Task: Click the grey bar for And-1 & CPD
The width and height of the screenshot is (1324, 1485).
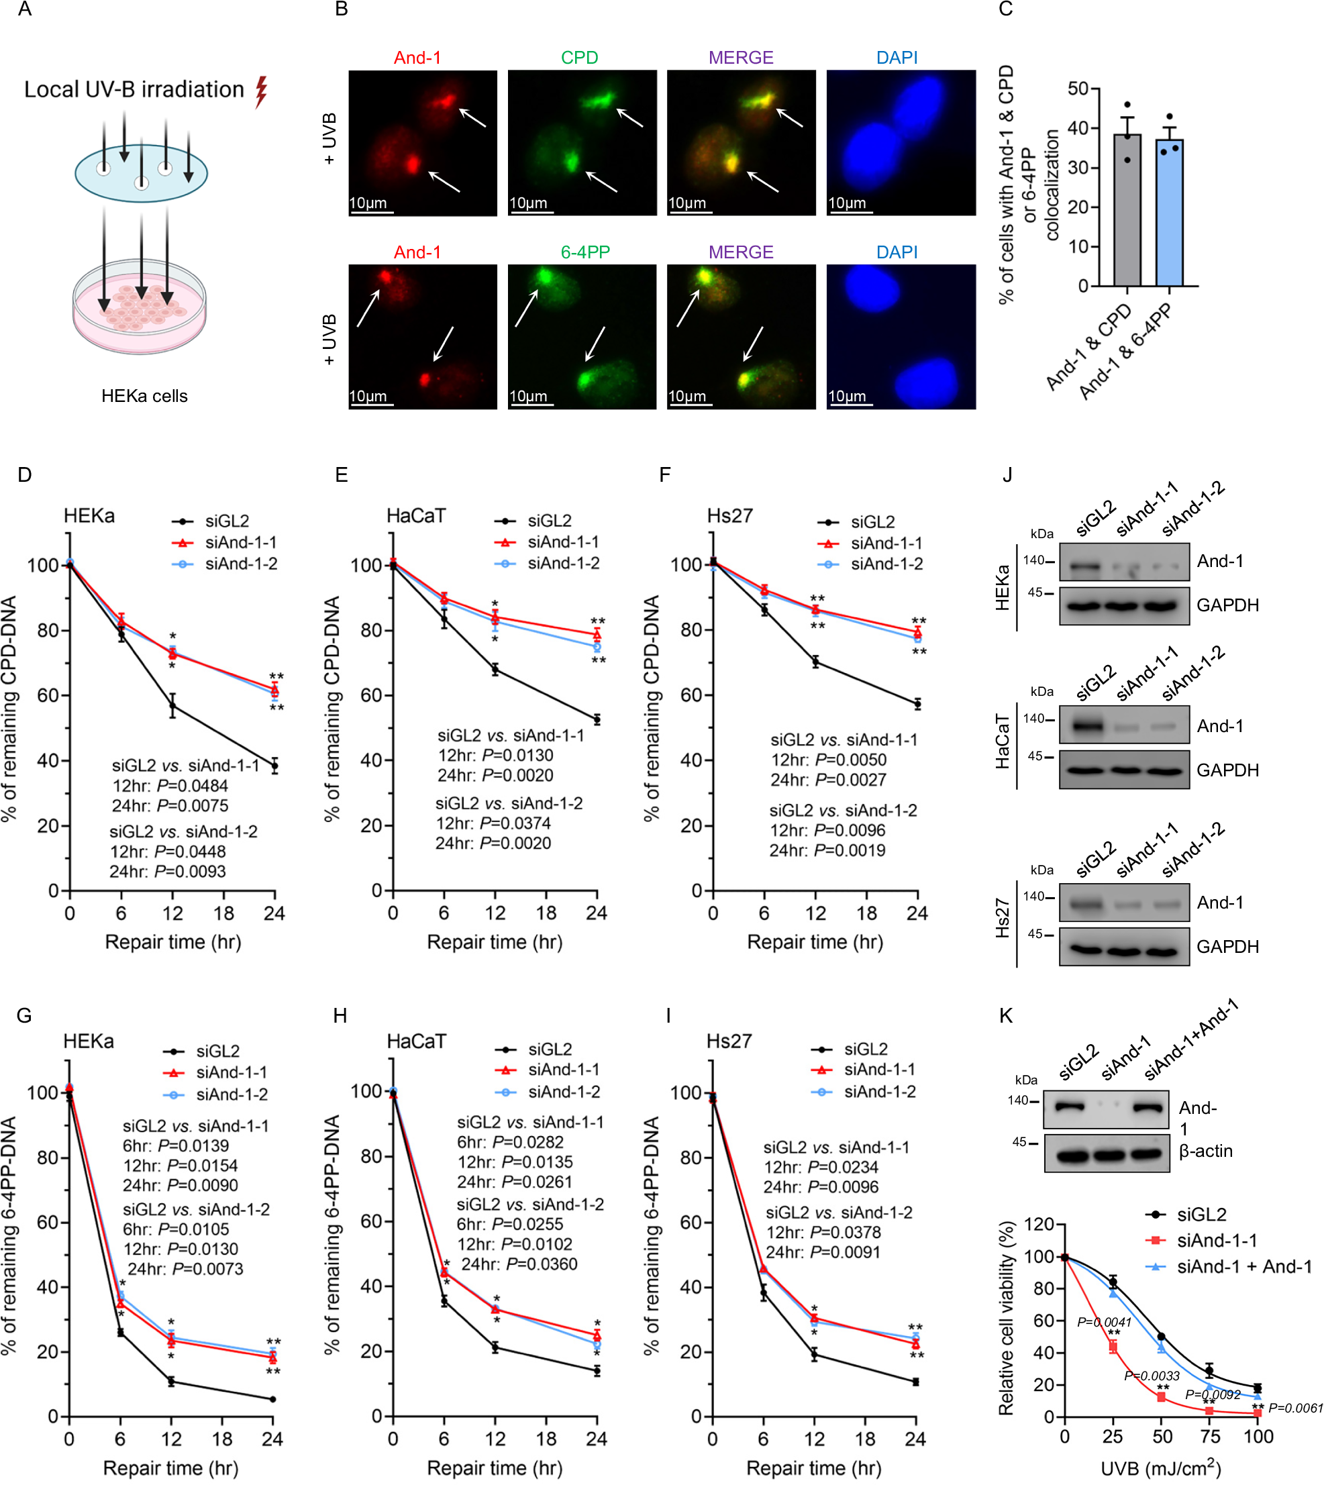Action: pos(1127,211)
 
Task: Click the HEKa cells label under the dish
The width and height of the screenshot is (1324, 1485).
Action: pos(144,396)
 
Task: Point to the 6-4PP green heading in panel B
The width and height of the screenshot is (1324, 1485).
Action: pos(585,252)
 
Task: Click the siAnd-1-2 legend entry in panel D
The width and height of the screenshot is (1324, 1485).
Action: pos(240,564)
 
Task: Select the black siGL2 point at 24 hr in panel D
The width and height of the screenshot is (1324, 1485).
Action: pos(274,766)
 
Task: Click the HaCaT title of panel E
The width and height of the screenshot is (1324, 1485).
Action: pos(415,516)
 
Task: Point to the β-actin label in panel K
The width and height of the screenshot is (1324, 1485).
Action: pos(1205,1151)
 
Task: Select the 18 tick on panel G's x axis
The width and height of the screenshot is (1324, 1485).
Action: pos(222,1439)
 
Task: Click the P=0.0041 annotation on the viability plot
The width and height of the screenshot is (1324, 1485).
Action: pos(1104,1322)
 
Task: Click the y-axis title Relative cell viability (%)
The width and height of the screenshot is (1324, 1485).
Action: pos(1006,1319)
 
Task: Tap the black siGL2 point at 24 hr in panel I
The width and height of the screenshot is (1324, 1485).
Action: pos(915,1382)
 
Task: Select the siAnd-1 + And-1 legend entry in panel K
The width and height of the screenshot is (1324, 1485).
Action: pos(1244,1267)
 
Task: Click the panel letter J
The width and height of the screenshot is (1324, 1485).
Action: pos(1007,474)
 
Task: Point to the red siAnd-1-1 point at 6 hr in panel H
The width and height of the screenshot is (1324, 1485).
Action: pos(444,1272)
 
